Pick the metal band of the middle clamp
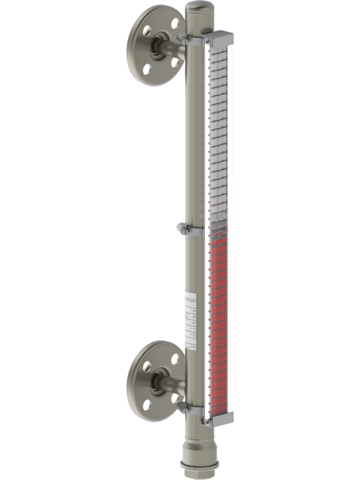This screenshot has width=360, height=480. (195, 231)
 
